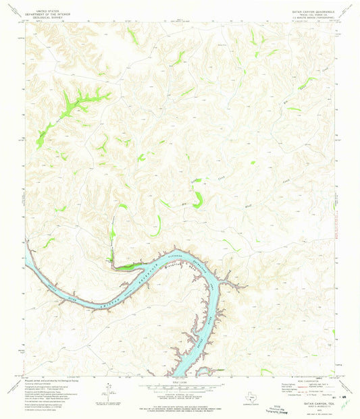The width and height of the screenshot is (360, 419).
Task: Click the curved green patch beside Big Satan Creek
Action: pyautogui.click(x=198, y=200)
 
